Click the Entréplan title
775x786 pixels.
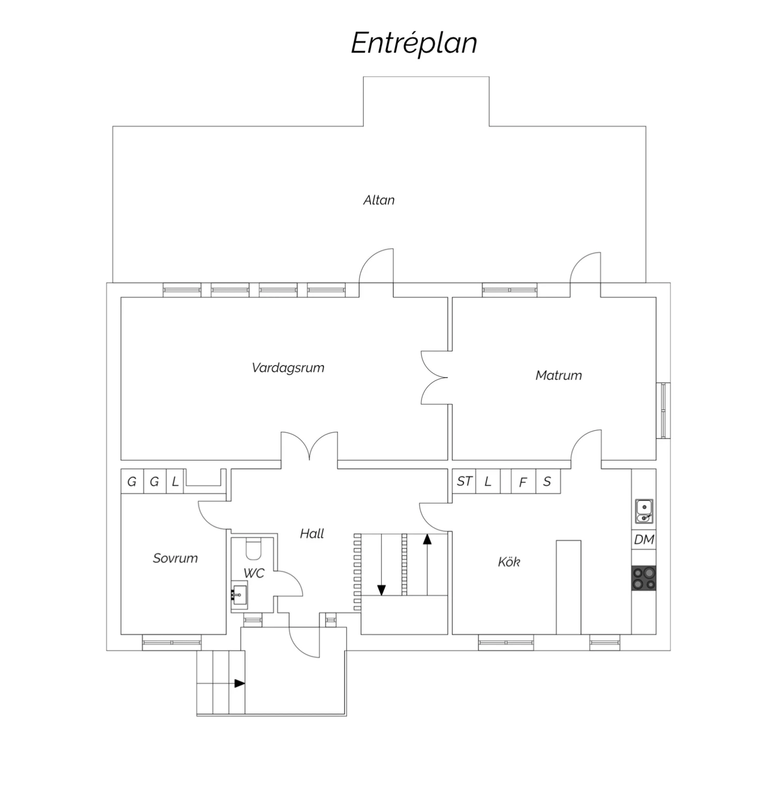point(414,43)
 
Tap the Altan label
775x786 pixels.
point(379,200)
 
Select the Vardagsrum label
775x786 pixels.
point(288,368)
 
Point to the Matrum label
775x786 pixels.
point(559,375)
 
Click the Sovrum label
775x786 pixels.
point(175,558)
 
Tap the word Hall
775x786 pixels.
point(312,533)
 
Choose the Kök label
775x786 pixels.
point(509,561)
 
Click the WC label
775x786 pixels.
point(254,573)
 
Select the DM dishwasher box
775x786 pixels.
point(644,540)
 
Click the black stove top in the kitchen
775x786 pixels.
point(644,578)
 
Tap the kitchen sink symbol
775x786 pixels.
point(644,511)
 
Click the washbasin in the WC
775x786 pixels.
point(239,595)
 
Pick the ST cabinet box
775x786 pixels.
point(464,481)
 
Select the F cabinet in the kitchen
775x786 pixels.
point(523,481)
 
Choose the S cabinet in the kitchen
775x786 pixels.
point(548,481)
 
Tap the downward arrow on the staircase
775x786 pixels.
point(381,564)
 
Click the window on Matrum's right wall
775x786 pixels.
point(663,411)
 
